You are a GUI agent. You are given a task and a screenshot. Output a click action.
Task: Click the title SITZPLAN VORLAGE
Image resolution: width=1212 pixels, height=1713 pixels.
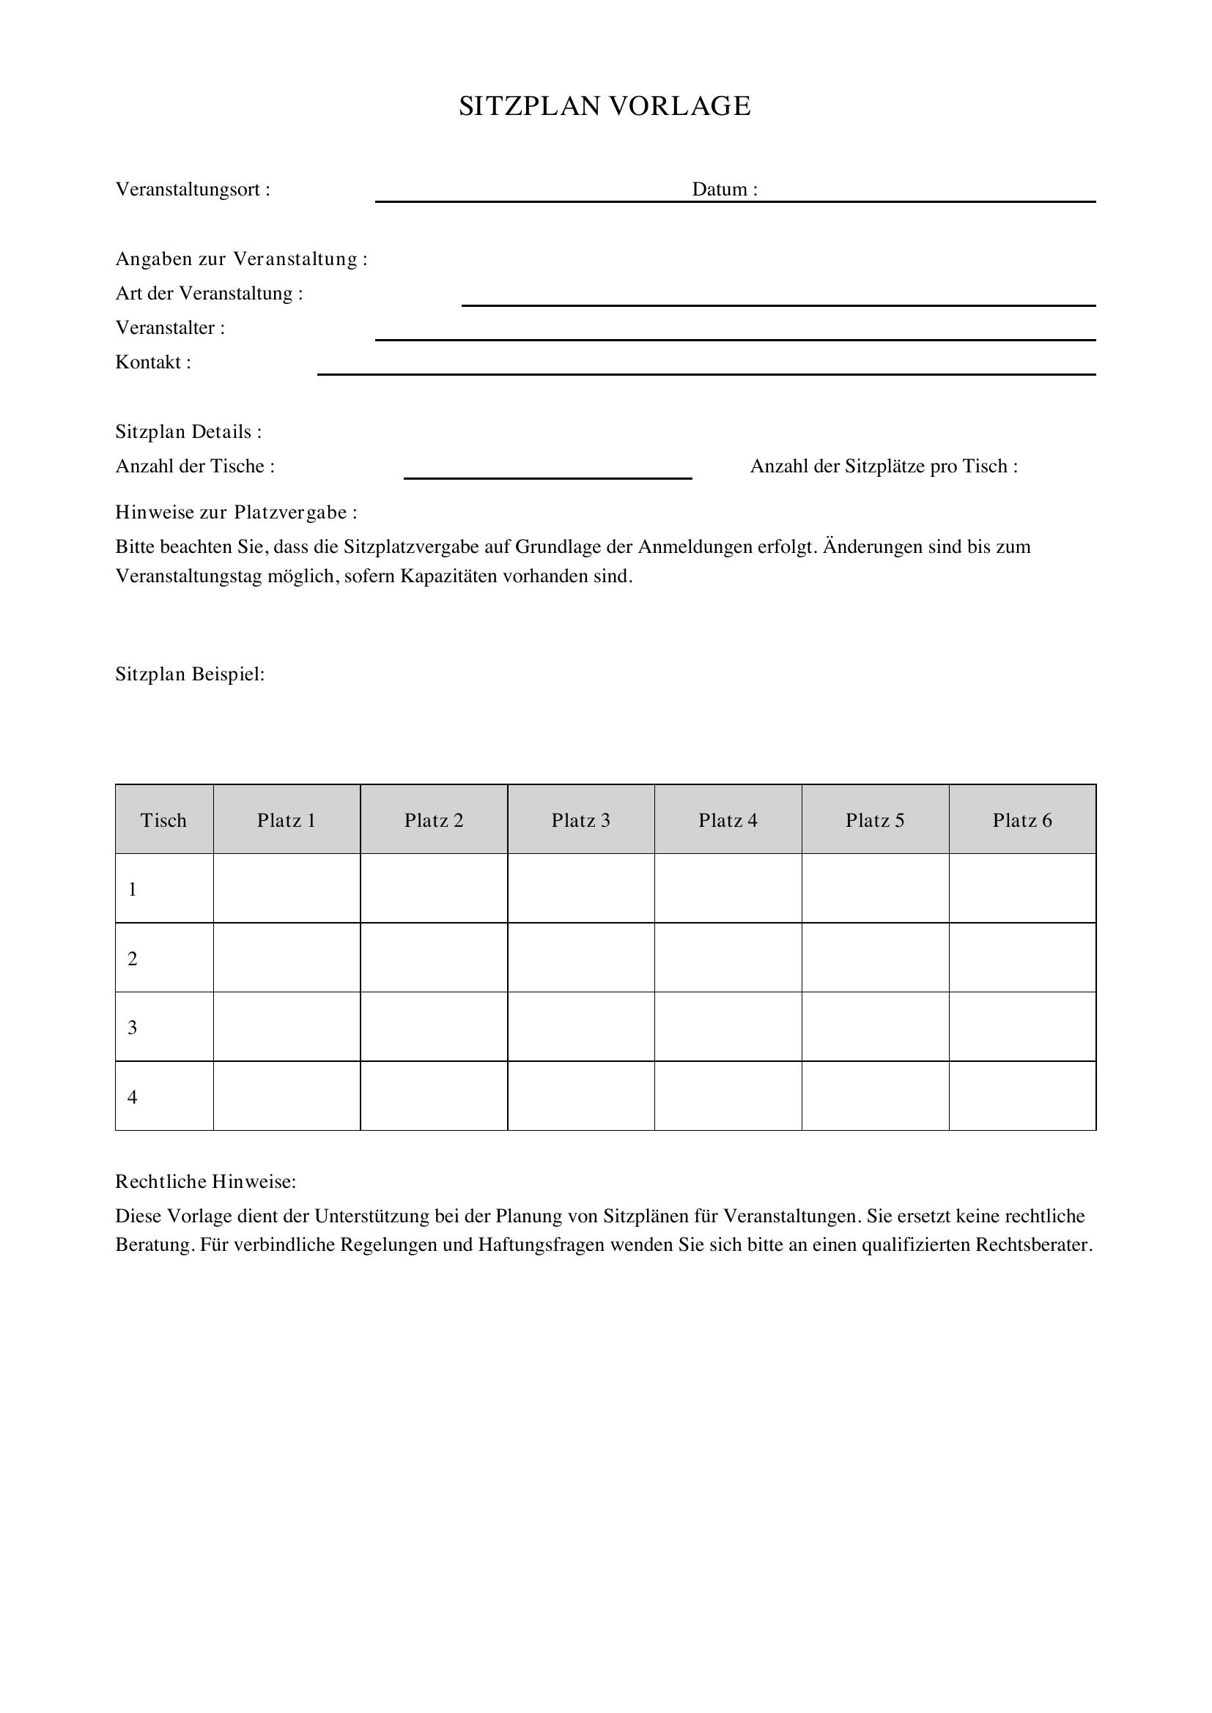pos(605,107)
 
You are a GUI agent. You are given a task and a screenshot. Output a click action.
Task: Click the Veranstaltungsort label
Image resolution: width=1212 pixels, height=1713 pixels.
pos(193,190)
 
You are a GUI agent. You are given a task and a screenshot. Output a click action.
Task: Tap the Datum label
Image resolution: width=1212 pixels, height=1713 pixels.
pos(724,190)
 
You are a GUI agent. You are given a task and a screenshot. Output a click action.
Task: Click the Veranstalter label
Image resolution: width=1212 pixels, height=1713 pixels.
pos(170,328)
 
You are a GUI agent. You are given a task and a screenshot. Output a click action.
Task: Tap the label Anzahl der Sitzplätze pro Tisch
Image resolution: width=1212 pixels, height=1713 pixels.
pos(884,467)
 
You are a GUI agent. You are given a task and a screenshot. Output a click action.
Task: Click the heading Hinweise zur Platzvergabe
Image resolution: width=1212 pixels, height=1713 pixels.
pos(236,513)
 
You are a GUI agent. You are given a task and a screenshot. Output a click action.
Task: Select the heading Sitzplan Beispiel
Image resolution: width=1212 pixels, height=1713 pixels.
pos(191,675)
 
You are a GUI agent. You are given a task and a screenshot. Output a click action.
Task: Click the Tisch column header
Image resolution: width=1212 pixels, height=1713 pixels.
pos(163,821)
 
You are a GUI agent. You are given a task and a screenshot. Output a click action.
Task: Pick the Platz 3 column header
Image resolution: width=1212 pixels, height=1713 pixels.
pos(580,821)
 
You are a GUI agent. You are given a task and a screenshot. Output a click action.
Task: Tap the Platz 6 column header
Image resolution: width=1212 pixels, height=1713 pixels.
pos(1021,821)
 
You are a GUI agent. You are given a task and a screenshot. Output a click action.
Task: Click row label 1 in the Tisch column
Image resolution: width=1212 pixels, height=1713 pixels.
pos(133,890)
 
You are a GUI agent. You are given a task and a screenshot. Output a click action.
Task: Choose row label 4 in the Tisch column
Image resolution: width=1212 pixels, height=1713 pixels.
pos(133,1098)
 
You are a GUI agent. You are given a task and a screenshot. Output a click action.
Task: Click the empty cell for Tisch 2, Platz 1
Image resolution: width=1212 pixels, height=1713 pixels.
pos(287,958)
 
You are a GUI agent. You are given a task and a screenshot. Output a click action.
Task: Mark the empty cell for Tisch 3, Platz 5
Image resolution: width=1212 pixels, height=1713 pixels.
pos(875,1028)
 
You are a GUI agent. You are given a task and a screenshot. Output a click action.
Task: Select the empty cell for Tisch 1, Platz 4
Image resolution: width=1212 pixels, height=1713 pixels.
pos(728,888)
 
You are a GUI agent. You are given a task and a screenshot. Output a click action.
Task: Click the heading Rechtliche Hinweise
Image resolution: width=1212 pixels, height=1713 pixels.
pos(205,1182)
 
